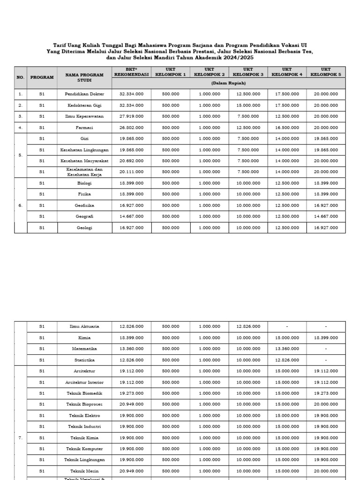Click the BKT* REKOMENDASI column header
click(131, 72)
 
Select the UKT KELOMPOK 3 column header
click(248, 72)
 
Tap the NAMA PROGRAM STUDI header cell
click(84, 77)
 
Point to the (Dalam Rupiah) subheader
click(228, 83)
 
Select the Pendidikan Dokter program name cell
click(84, 94)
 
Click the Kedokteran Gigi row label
click(84, 105)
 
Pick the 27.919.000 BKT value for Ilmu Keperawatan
click(131, 116)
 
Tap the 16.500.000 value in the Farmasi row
click(287, 127)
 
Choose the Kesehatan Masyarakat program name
click(84, 161)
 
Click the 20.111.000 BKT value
click(131, 172)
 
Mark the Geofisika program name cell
click(84, 205)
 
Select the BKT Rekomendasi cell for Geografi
click(131, 216)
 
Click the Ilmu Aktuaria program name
click(84, 326)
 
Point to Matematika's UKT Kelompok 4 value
click(287, 349)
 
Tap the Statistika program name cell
click(84, 360)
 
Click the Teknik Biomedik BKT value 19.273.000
click(131, 393)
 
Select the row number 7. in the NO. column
click(20, 437)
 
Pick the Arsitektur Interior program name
click(84, 382)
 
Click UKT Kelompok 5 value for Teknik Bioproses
click(326, 404)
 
